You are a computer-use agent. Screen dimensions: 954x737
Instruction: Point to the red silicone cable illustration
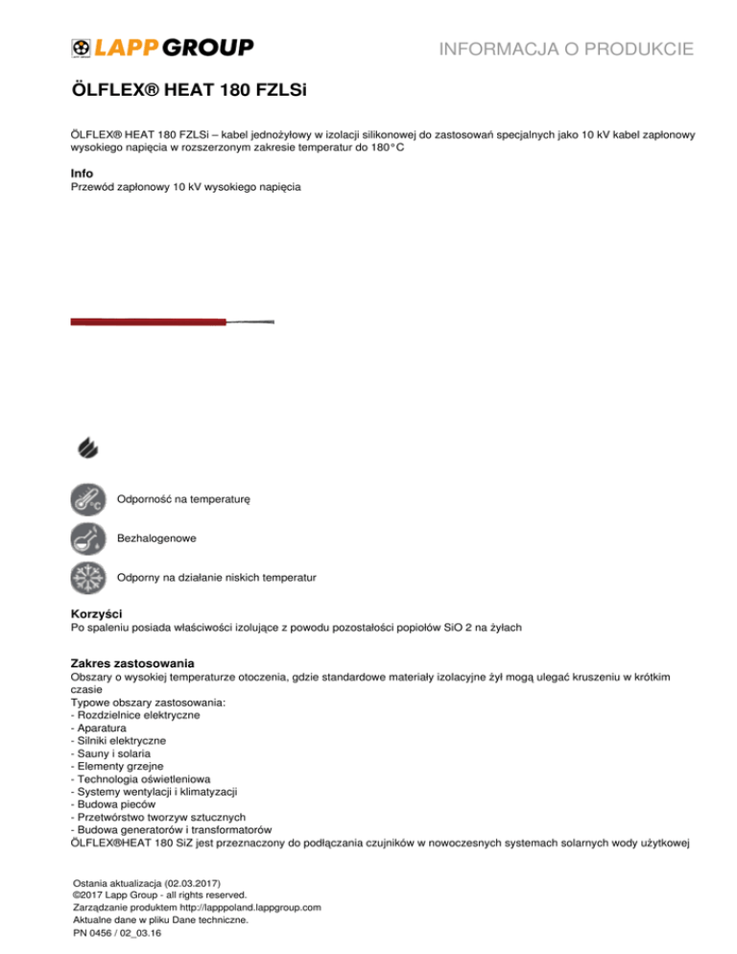click(149, 322)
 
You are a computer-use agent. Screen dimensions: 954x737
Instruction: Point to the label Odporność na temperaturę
click(183, 500)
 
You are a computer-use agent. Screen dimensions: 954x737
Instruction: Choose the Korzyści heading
click(98, 612)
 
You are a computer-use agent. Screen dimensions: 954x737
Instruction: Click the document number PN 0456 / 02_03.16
click(116, 932)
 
